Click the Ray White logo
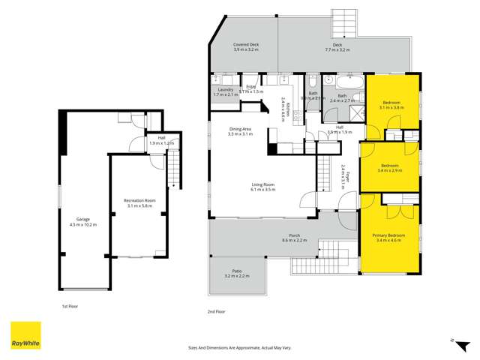click(25, 336)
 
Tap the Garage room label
click(82, 220)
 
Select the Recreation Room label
click(139, 200)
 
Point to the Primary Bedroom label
click(389, 235)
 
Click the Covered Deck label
click(246, 46)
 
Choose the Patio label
click(236, 273)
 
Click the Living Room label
click(263, 186)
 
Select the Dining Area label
click(240, 129)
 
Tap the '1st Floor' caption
click(70, 306)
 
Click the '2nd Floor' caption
click(216, 310)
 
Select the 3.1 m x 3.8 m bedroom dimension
click(392, 107)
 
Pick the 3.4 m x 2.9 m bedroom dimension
click(389, 170)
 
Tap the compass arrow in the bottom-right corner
click(453, 340)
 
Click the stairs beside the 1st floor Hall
click(173, 170)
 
